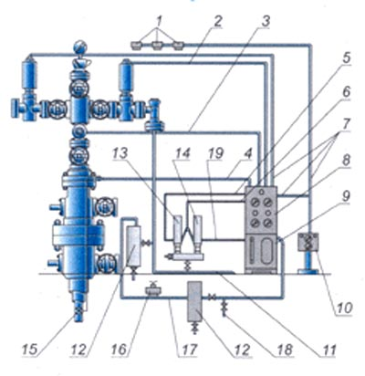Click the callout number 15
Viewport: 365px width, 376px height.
point(29,350)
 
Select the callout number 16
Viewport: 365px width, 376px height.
point(119,350)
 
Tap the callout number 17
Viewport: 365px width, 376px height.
point(189,350)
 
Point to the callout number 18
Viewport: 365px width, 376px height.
point(285,350)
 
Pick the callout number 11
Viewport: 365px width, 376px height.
point(328,350)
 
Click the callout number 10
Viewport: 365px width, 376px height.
point(344,308)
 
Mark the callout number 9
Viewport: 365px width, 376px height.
point(346,196)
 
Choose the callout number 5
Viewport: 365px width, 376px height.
point(346,58)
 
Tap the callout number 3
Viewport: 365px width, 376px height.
point(266,22)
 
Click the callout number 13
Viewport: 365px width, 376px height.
point(120,154)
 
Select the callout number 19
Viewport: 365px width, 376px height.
point(215,154)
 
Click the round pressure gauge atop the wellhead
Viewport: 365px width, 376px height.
point(80,47)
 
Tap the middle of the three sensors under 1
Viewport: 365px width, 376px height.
point(157,46)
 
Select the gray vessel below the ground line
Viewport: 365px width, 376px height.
point(194,301)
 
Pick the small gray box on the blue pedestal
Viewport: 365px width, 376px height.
point(308,242)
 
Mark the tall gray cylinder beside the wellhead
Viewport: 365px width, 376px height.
point(133,245)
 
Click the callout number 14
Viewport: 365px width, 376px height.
point(182,154)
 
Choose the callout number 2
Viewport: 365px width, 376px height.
point(217,22)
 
